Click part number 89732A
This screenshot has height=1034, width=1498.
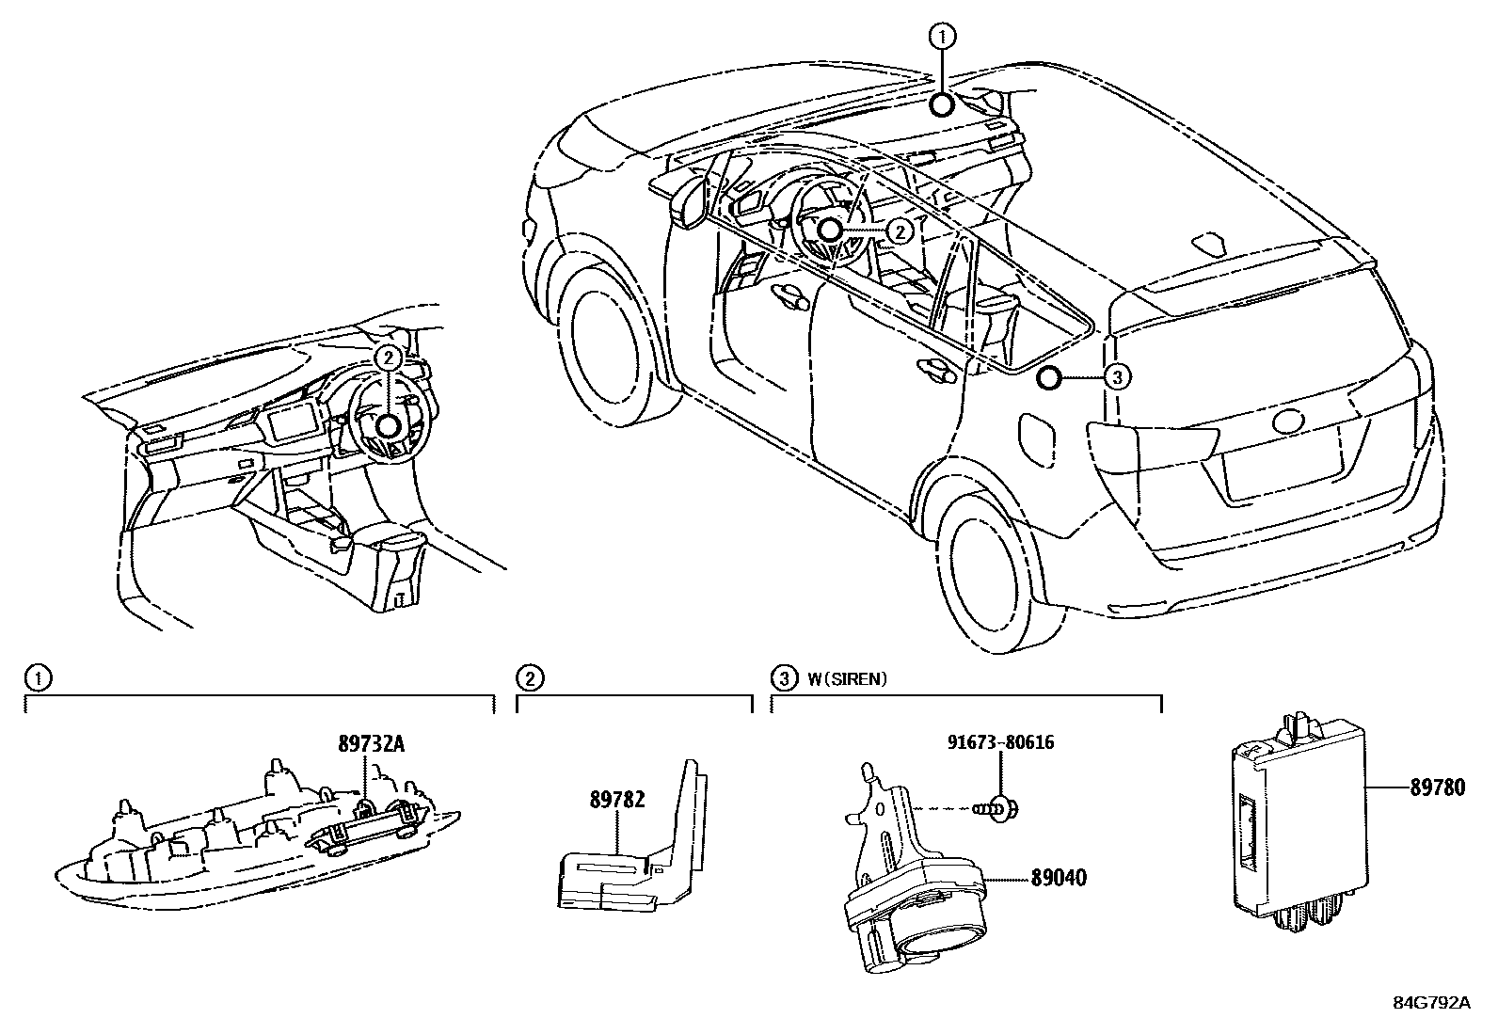click(371, 744)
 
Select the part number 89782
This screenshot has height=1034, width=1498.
click(617, 800)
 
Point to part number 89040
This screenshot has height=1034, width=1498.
click(1058, 879)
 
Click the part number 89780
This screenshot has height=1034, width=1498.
click(1437, 788)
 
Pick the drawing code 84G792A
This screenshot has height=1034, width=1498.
click(1431, 1003)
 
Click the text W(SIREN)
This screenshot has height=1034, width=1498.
click(847, 678)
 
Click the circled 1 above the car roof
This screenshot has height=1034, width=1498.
click(943, 37)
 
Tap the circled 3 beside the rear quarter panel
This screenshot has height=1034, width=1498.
click(1115, 378)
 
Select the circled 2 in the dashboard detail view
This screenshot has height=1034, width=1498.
click(387, 358)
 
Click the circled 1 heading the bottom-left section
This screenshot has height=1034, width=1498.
click(37, 678)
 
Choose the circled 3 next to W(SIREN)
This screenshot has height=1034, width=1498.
click(782, 678)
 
